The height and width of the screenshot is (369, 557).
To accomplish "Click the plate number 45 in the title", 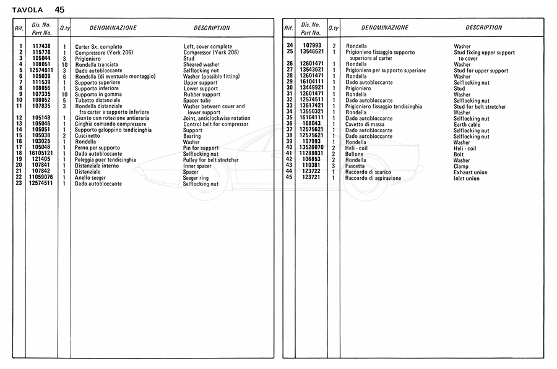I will (x=59, y=9).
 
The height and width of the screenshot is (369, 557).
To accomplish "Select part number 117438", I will (x=41, y=47).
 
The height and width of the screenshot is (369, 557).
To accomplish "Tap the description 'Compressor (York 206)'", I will (x=211, y=53).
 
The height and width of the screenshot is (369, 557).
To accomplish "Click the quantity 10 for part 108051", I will (x=64, y=64).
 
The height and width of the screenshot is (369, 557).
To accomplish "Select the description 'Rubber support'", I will (x=202, y=95).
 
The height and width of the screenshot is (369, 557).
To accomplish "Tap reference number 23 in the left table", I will (x=20, y=184).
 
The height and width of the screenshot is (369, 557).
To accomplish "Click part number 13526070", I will (x=312, y=148).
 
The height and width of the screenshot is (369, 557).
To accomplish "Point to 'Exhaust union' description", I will (x=470, y=172).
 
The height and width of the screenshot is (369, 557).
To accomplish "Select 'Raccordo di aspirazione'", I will (x=373, y=178).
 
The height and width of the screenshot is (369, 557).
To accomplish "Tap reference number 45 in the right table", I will (x=289, y=178).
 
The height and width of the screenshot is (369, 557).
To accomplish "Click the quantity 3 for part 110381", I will (x=334, y=166).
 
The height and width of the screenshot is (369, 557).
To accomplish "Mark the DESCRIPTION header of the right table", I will (x=484, y=28).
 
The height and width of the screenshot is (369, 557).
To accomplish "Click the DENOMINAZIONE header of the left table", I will (x=113, y=28).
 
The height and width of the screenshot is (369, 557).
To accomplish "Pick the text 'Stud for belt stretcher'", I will (x=480, y=106).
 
